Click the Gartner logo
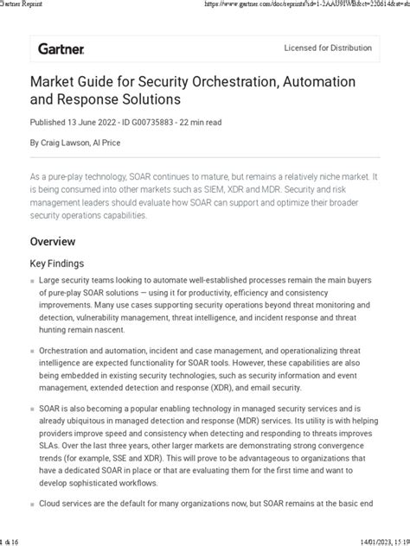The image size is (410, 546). [60, 49]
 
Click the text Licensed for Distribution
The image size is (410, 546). [332, 48]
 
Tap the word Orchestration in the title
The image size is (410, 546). [245, 83]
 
